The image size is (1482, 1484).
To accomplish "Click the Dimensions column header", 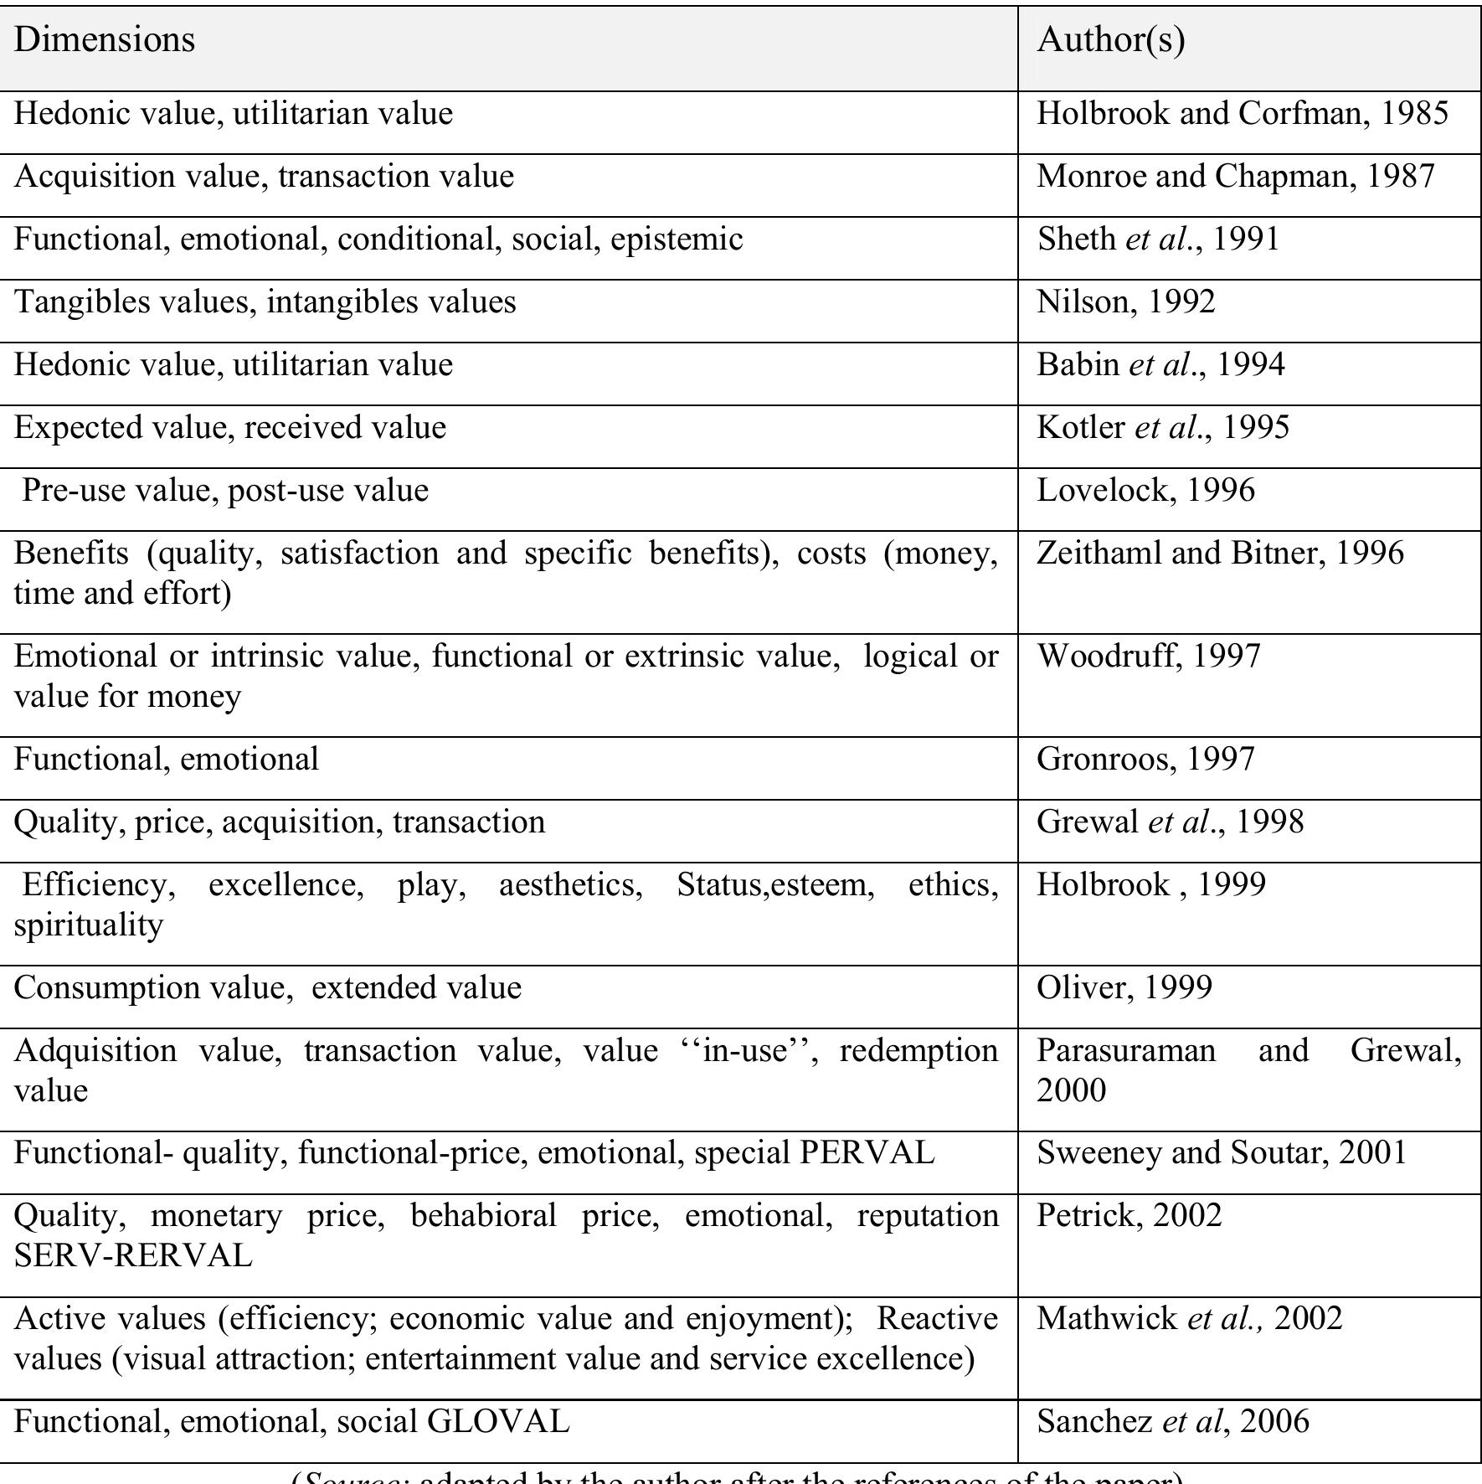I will [x=105, y=40].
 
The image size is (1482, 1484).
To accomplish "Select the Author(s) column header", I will [x=1110, y=40].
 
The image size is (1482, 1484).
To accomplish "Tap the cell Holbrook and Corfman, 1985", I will [x=1242, y=114].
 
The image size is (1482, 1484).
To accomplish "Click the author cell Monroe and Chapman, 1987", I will [x=1235, y=177].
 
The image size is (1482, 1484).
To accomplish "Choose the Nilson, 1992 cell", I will [x=1125, y=302].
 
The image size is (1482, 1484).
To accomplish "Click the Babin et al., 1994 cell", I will [x=1160, y=365].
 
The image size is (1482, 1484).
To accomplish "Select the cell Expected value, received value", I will [x=230, y=428].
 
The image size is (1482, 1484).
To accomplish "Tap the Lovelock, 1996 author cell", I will [x=1145, y=491].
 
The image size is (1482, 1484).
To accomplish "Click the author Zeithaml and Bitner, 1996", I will [x=1220, y=554].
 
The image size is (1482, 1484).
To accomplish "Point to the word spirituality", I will [x=89, y=925].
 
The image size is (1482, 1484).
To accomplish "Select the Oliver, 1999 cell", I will [x=1124, y=988].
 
